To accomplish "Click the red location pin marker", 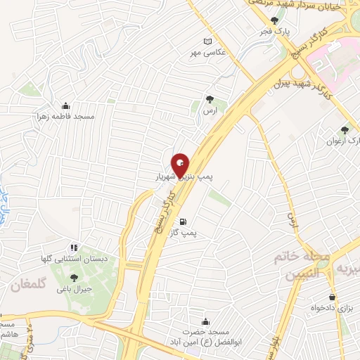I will pyautogui.click(x=180, y=165).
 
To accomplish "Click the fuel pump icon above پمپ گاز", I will pyautogui.click(x=184, y=221).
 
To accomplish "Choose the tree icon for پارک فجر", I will pyautogui.click(x=274, y=21).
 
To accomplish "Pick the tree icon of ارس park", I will pyautogui.click(x=208, y=100).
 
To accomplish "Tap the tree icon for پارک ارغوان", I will pyautogui.click(x=344, y=130).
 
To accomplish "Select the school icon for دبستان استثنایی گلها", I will pyautogui.click(x=73, y=247).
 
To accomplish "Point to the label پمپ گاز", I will pyautogui.click(x=184, y=231).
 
